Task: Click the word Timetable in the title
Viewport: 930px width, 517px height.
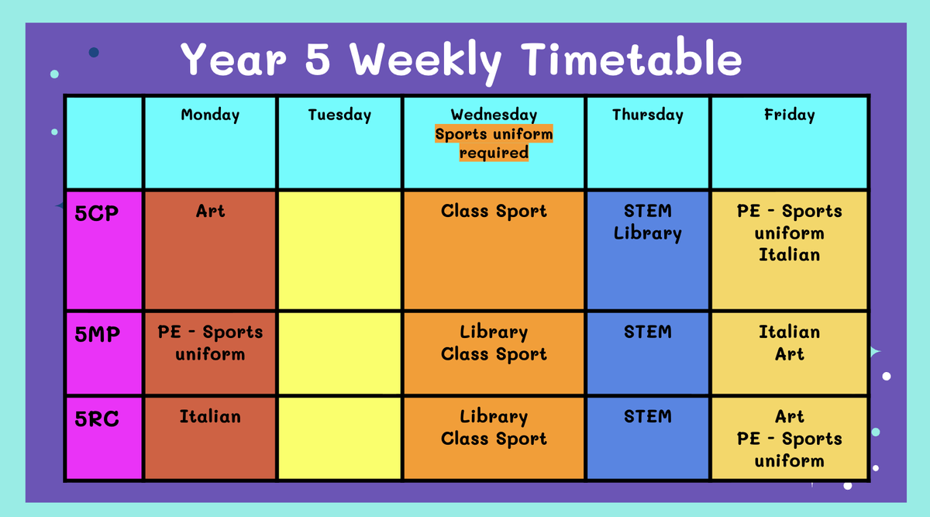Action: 631,57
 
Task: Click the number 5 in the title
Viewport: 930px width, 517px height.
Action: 318,59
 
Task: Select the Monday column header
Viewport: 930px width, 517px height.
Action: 210,115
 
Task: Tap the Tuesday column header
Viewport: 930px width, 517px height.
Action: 339,115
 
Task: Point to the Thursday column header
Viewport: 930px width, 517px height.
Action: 648,115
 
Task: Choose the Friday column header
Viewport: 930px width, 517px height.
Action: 789,115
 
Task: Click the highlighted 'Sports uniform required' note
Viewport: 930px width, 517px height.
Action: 494,143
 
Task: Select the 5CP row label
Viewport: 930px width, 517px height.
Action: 97,213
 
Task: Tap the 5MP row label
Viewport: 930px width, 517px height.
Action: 98,334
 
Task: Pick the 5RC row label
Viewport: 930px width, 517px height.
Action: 97,419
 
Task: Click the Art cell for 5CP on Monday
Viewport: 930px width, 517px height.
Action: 210,250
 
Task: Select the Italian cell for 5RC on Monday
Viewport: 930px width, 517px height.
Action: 210,438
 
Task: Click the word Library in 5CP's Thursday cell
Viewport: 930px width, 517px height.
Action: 648,234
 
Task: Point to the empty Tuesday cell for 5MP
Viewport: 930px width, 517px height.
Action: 339,353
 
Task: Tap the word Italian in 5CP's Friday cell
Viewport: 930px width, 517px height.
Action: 789,254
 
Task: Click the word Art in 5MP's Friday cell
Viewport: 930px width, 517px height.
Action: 789,354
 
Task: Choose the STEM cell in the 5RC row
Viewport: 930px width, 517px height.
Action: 648,438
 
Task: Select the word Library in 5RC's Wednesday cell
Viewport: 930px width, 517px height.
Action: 494,417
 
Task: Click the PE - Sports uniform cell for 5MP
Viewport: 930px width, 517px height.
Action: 210,353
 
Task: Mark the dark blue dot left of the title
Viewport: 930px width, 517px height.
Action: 94,53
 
